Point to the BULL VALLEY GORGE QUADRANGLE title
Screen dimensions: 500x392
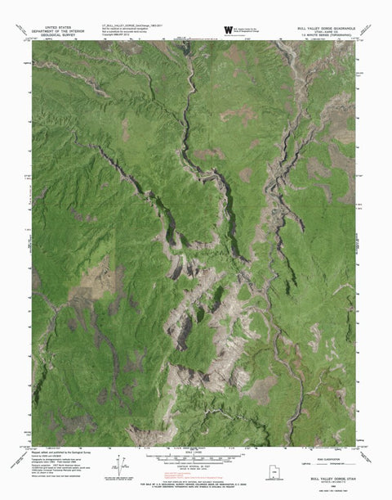click(x=326, y=27)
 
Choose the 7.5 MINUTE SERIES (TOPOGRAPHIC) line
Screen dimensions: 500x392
click(x=326, y=35)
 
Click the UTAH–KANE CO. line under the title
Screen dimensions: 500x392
click(x=326, y=31)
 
